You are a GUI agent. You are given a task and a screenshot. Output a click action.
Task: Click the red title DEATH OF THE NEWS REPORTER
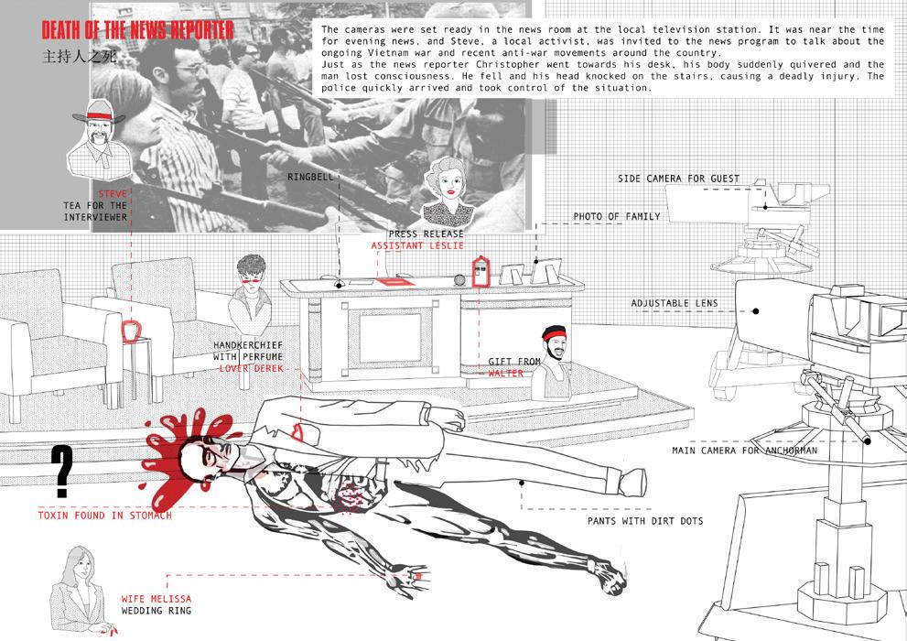[x=138, y=29]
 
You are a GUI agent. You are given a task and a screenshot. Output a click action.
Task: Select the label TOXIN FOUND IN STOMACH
[x=104, y=516]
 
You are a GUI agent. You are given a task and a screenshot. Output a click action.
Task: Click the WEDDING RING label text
[x=157, y=611]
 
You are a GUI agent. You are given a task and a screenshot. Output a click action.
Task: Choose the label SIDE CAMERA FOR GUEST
[x=678, y=179]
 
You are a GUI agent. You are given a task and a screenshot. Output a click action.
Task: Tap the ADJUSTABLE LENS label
[x=675, y=303]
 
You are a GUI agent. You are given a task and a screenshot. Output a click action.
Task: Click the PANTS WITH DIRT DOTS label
[x=645, y=521]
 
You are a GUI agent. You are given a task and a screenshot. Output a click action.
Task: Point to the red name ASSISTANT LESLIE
[x=417, y=246]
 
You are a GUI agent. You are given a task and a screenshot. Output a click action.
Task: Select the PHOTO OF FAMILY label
[x=617, y=217]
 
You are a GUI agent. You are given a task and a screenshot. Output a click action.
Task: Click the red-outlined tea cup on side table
[x=134, y=329]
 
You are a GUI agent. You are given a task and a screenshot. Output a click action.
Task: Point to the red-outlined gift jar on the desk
[x=480, y=272]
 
